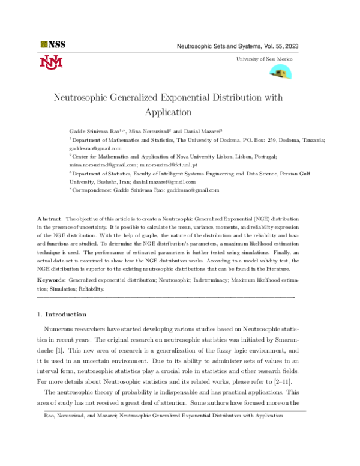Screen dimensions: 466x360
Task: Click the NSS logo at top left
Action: pyautogui.click(x=52, y=44)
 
